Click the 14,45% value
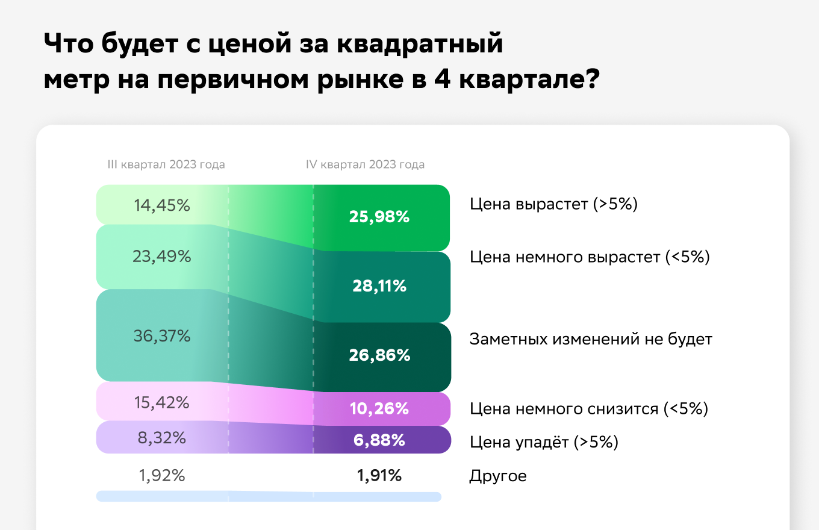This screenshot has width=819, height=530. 161,206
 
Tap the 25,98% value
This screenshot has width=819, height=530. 379,217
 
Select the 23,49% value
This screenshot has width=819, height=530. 161,257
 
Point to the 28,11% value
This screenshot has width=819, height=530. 379,286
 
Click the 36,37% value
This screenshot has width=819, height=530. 161,336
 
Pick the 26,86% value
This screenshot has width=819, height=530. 379,355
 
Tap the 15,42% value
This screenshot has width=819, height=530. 161,402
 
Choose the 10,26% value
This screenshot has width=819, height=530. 379,409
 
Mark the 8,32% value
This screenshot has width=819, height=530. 161,438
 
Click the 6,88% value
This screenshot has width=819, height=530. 379,440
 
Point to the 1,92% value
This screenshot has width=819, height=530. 161,476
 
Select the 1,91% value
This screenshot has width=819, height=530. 379,476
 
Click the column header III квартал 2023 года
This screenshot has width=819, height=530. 166,164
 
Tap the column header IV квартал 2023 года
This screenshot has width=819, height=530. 365,164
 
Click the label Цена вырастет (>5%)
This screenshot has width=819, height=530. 553,204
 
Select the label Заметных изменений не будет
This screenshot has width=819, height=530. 591,339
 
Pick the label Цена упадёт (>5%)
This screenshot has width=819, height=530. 544,443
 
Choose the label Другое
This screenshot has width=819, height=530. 497,476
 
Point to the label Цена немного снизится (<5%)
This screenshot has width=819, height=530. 588,409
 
